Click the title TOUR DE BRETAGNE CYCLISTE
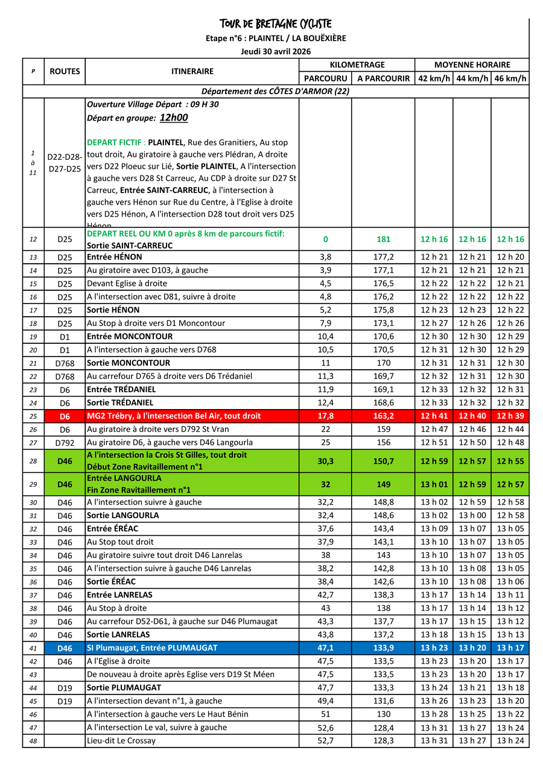click(x=276, y=24)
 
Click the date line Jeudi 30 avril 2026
click(x=276, y=51)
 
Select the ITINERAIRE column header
click(x=192, y=71)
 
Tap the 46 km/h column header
click(x=510, y=78)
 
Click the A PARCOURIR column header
click(x=383, y=78)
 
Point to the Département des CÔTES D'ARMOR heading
click(x=276, y=92)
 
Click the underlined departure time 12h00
click(x=174, y=118)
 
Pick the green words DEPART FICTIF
click(x=116, y=142)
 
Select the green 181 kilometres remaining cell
click(x=383, y=239)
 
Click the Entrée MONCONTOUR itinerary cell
click(x=130, y=336)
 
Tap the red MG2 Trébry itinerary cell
click(x=174, y=416)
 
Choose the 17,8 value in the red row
click(x=325, y=416)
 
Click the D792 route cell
click(x=65, y=443)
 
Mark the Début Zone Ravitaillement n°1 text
click(x=145, y=467)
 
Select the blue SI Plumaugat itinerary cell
click(x=152, y=648)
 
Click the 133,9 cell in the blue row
click(x=383, y=648)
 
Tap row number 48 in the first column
click(x=33, y=741)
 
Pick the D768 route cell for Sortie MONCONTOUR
click(x=65, y=363)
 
